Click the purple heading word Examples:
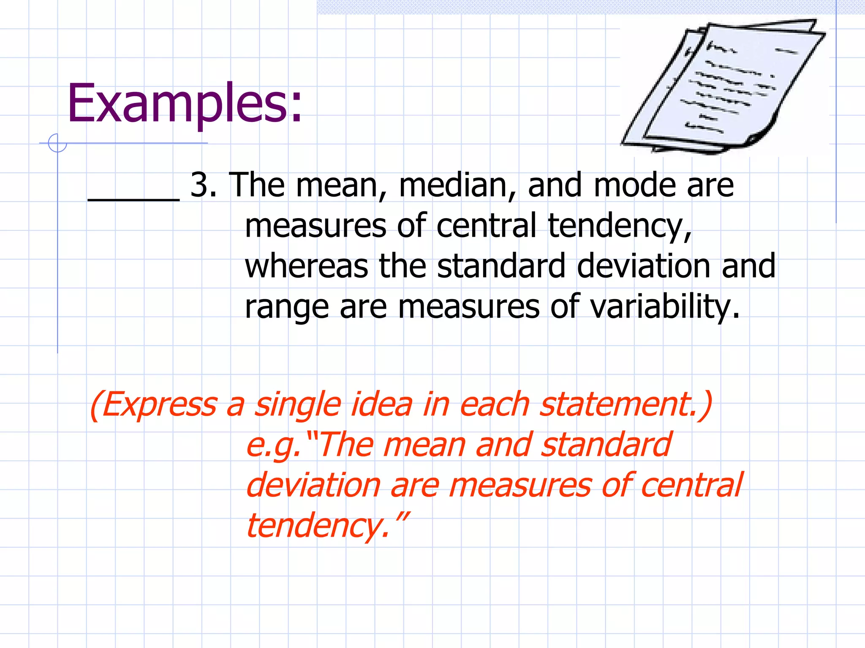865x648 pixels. pos(185,103)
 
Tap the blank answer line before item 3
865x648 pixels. pos(133,199)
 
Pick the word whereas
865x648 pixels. pos(306,266)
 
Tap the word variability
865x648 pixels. pos(664,307)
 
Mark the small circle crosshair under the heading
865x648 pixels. pos(57,143)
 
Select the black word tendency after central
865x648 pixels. pos(620,227)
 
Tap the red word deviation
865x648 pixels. pos(313,486)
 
